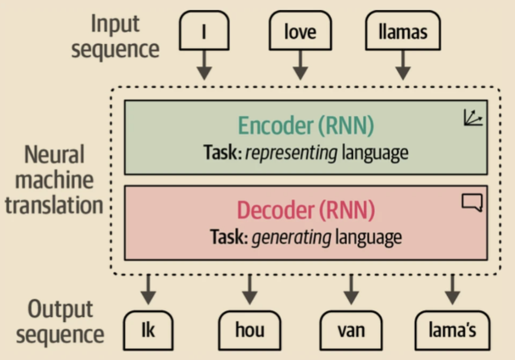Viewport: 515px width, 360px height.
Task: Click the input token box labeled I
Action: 204,31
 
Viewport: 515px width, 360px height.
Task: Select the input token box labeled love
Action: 300,31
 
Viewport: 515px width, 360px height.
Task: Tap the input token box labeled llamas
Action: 403,31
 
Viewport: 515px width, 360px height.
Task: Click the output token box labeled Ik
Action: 148,330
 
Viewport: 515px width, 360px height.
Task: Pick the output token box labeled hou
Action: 250,330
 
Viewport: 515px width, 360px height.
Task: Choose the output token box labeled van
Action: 351,330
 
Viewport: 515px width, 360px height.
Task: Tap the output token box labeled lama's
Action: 452,330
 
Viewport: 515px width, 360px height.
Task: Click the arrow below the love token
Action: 300,65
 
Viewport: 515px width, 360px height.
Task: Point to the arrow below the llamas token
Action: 403,65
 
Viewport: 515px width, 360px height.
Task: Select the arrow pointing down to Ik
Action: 148,290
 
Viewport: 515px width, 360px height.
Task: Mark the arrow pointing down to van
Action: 351,290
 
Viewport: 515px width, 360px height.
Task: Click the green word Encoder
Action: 276,125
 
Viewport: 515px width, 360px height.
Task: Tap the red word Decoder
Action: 276,210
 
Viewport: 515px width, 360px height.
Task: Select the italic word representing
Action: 291,153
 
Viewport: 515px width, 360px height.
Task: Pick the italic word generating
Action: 291,238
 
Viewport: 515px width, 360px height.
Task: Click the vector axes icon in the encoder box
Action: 473,118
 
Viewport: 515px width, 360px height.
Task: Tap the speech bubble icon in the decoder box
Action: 472,202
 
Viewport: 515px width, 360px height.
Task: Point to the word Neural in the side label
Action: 54,154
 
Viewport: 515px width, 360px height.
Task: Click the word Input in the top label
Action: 115,24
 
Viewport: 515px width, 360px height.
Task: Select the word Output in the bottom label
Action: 60,309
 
